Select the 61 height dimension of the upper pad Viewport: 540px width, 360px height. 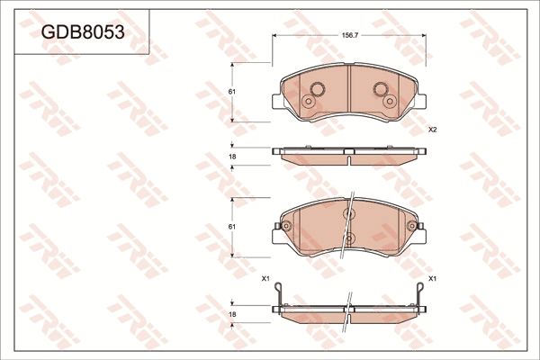[x=231, y=93]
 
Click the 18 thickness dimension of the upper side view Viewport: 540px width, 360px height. [x=231, y=157]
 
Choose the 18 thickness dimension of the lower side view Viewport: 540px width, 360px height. [x=231, y=314]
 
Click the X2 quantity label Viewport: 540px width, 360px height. [x=432, y=130]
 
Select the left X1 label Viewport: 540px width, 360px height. [x=265, y=279]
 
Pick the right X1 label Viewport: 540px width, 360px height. [x=432, y=279]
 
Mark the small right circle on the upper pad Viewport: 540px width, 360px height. [x=391, y=101]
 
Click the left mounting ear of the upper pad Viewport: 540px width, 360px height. [x=274, y=102]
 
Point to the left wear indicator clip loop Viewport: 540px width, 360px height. [x=279, y=293]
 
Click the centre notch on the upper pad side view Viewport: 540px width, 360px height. [x=348, y=158]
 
